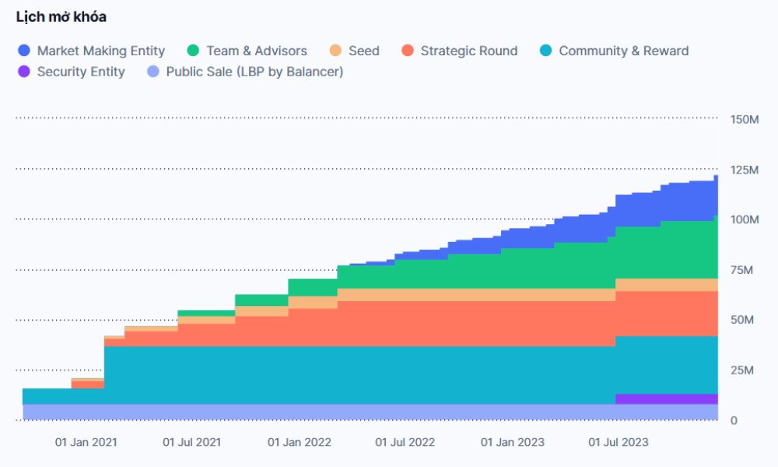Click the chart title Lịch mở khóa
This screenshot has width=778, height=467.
pos(61,17)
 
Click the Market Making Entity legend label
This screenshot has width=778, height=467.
pos(101,51)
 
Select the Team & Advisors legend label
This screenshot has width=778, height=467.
pos(257,51)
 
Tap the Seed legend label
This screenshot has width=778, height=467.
pos(364,51)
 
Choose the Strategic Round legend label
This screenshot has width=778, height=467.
pos(468,51)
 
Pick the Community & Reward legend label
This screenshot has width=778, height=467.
pos(623,51)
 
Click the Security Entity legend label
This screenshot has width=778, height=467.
pos(81,72)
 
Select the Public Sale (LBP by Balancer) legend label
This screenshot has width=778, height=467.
pos(254,72)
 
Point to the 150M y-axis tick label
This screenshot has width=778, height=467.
pos(744,119)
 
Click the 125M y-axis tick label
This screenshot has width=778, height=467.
pos(744,170)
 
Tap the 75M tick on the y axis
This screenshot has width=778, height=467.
pos(744,270)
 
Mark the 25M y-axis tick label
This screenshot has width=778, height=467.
pos(744,370)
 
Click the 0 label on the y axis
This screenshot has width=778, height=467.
pos(734,421)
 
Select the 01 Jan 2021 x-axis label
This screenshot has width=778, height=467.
pos(86,442)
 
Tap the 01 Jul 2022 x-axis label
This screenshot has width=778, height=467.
pos(405,442)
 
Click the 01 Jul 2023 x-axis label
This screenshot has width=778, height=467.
pos(618,442)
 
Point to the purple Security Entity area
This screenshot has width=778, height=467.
pos(666,399)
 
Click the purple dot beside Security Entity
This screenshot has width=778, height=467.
pos(23,72)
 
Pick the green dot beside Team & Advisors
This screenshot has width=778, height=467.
pos(193,51)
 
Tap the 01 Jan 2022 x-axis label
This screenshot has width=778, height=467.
pos(299,442)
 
